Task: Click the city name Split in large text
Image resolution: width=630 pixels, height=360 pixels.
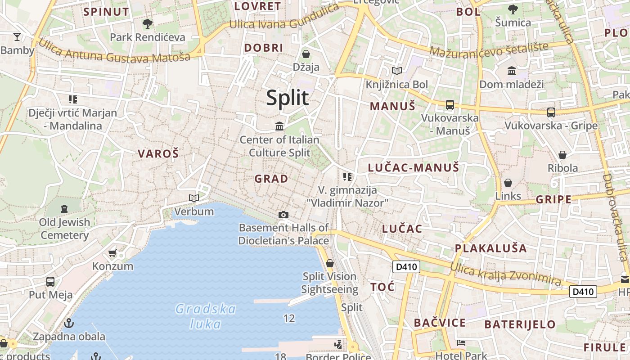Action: (288, 98)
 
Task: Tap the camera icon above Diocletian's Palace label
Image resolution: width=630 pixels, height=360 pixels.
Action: (283, 215)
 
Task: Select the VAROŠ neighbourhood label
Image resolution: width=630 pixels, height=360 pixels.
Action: (158, 154)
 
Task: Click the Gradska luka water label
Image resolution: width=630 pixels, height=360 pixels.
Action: (206, 316)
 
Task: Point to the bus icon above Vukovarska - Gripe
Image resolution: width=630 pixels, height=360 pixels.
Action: (551, 112)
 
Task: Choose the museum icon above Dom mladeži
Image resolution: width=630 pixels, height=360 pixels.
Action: (512, 71)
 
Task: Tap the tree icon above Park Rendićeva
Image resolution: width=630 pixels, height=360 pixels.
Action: (147, 24)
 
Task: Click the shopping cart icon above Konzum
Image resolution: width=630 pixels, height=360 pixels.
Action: (112, 253)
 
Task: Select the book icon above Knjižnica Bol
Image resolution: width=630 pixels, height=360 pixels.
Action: (396, 71)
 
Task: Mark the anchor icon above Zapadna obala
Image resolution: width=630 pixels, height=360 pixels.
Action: (69, 323)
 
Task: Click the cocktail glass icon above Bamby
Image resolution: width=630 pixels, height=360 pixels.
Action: (17, 37)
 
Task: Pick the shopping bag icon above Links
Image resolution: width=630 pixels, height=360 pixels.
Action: (508, 183)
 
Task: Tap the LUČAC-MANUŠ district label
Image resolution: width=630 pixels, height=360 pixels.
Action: (414, 168)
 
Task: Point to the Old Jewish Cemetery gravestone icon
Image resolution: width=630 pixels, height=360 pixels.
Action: (64, 208)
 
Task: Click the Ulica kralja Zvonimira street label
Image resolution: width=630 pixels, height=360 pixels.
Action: (506, 274)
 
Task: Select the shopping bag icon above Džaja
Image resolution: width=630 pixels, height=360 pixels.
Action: (306, 54)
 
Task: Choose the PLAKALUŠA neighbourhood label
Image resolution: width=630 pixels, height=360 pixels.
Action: (490, 248)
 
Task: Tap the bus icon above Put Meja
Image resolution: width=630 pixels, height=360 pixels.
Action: (50, 282)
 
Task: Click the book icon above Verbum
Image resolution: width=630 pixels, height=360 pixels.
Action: (194, 198)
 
